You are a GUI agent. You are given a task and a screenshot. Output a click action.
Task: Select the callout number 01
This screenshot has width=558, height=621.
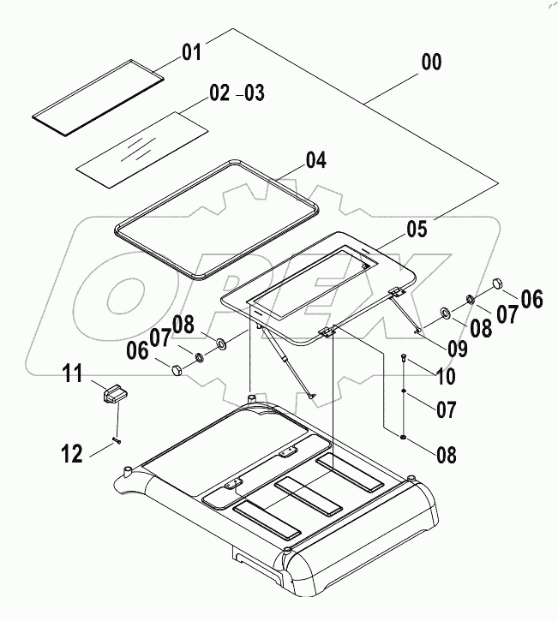tap(190, 53)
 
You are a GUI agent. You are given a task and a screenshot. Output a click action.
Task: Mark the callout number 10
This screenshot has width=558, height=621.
tap(447, 375)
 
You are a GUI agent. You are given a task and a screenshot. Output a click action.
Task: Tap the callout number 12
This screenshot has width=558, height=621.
tap(72, 453)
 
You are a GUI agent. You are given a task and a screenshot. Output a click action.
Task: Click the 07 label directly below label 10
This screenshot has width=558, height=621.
tap(446, 410)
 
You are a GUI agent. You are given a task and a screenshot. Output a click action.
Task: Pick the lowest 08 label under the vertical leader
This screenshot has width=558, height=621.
tap(446, 452)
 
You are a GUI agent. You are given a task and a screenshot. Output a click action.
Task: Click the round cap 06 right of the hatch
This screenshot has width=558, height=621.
tap(496, 284)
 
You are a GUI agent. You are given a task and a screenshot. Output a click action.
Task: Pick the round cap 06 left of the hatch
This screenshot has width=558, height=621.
tap(175, 370)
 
